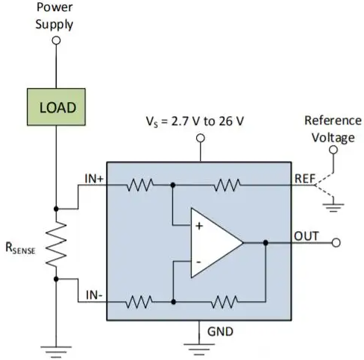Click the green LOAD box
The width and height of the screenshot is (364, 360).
click(56, 107)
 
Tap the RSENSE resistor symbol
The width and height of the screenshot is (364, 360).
click(56, 244)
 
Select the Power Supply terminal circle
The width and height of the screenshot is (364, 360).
click(56, 40)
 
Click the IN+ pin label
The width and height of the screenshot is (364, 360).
click(94, 179)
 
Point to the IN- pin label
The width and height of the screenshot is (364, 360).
click(94, 295)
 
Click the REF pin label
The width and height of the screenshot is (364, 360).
click(305, 179)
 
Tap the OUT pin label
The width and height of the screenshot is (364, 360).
click(307, 236)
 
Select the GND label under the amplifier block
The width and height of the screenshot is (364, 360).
click(220, 332)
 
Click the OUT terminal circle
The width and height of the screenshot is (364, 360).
click(336, 243)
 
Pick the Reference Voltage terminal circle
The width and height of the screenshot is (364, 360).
click(333, 150)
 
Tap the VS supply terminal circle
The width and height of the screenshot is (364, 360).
click(201, 138)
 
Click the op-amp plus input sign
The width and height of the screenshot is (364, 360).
click(199, 226)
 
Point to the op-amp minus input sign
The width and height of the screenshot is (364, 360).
click(198, 262)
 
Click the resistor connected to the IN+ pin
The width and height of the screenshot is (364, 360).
click(140, 185)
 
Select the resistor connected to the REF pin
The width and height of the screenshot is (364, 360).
click(227, 185)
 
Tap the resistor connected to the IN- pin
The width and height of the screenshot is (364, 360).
click(139, 302)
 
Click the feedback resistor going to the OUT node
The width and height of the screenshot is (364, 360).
click(225, 302)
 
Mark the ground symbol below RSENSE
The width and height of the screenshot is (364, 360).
click(56, 352)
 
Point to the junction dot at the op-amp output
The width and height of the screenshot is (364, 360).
click(266, 243)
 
